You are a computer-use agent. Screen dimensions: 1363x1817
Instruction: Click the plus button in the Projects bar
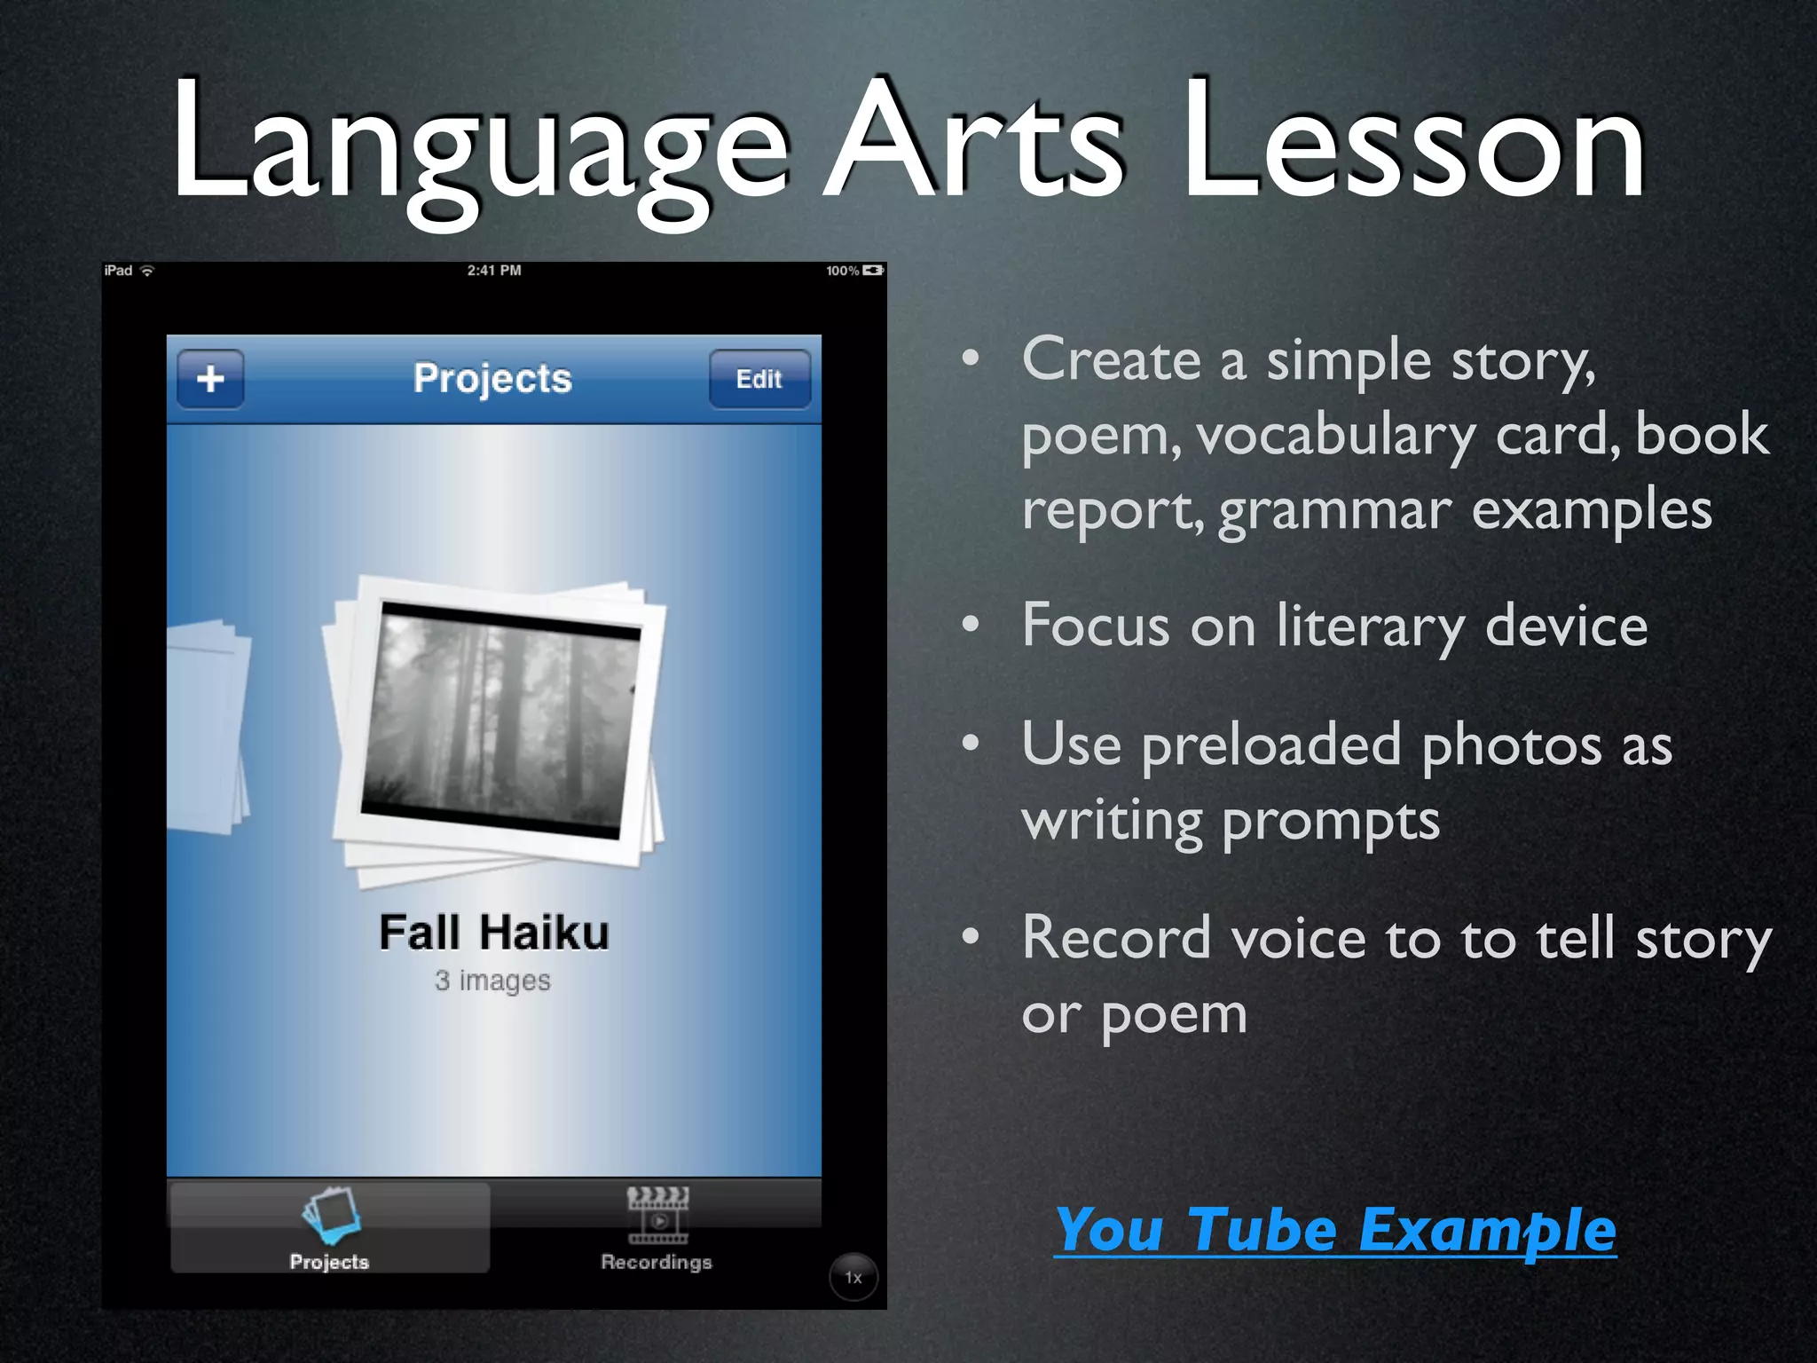tap(210, 379)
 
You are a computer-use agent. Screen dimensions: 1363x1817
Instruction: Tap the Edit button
tap(759, 379)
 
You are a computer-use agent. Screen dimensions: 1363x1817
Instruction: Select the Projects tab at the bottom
tap(329, 1230)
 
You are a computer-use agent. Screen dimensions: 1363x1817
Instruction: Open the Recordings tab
tap(657, 1230)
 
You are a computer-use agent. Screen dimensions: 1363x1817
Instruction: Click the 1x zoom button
tap(853, 1277)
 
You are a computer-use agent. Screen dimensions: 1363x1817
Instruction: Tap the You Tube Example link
tap(1335, 1230)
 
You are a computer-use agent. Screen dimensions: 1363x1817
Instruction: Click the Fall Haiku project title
tap(494, 933)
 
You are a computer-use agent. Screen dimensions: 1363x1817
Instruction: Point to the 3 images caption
tap(492, 981)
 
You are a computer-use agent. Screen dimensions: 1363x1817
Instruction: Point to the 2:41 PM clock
tap(494, 271)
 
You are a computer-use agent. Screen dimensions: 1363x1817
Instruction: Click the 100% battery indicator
tap(854, 271)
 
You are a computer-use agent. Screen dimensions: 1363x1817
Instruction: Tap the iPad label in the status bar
tap(118, 271)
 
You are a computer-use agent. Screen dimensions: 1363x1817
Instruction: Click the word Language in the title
tap(479, 142)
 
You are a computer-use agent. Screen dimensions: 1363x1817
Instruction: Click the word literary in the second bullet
tap(1371, 626)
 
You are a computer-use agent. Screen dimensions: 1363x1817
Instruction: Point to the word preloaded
tap(1271, 745)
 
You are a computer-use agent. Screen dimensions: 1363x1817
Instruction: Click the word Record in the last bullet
tap(1116, 938)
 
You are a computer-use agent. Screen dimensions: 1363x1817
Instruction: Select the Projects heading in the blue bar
tap(492, 379)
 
